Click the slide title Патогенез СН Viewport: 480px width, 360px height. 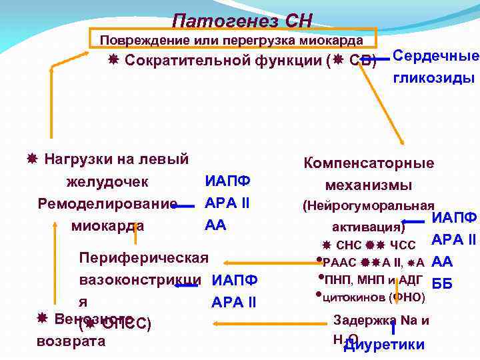(x=241, y=21)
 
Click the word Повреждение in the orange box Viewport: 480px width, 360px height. (x=137, y=40)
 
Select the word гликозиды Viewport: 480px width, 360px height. (x=434, y=78)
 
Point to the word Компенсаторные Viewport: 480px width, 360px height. (x=369, y=163)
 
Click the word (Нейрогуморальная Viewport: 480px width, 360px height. (x=369, y=206)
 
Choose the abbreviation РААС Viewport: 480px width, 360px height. (x=339, y=261)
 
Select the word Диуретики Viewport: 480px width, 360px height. (x=384, y=344)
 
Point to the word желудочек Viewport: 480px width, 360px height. (x=107, y=181)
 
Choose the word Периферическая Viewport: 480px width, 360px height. (x=143, y=257)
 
